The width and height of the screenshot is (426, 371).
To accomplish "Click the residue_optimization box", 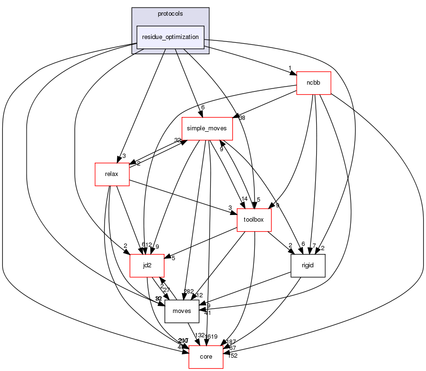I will pos(171,37).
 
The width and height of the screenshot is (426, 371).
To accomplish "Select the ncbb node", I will pos(313,83).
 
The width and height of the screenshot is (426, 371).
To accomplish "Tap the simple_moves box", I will pos(207,128).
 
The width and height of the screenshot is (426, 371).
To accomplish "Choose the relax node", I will pos(113,174).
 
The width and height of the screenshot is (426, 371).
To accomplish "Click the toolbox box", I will pos(254,220).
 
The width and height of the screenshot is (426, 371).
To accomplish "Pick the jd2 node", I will pos(147,265).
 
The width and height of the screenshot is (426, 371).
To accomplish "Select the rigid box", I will pos(308,265).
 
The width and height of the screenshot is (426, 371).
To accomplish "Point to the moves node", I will pos(182,311).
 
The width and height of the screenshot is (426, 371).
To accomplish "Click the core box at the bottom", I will pos(206,357).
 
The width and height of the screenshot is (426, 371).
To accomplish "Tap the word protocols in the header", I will pos(171,13).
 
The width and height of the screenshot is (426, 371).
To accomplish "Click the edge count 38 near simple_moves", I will pos(243,117).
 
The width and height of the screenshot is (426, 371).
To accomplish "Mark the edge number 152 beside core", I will pos(232,355).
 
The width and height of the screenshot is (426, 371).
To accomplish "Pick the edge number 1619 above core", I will pos(211,336).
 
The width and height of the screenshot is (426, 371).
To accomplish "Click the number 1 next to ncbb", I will pos(289,68).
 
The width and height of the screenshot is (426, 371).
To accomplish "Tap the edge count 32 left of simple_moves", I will pos(178,140).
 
